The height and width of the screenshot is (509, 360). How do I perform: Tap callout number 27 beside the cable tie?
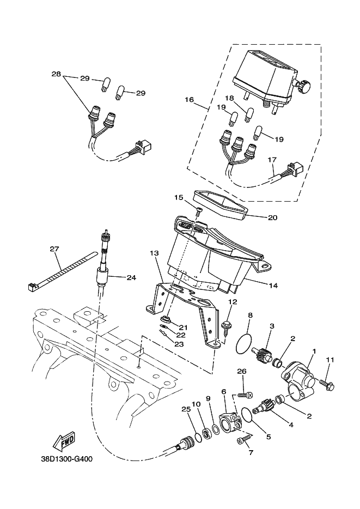(x=54, y=249)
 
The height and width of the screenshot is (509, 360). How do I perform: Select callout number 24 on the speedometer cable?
(x=130, y=277)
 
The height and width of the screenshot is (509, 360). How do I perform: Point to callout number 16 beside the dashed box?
(x=189, y=100)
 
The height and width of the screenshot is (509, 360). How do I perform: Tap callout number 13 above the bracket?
(x=154, y=253)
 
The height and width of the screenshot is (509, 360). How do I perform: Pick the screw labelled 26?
(x=243, y=393)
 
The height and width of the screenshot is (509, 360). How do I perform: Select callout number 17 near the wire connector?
(x=272, y=160)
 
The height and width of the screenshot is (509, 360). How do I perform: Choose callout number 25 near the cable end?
(x=185, y=409)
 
